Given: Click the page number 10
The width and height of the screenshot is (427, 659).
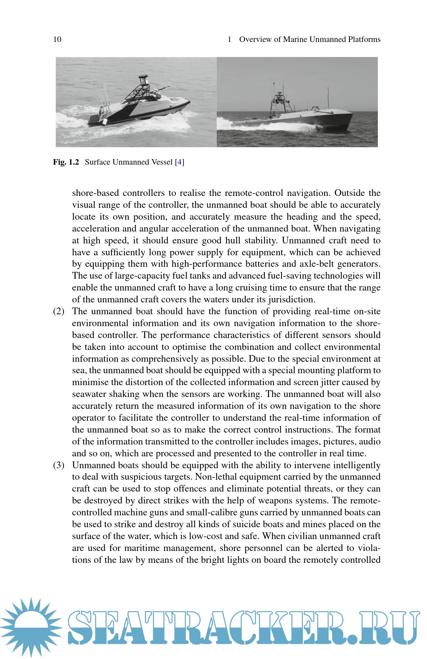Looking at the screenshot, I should [57, 39].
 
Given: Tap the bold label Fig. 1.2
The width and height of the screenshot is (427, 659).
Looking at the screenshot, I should [66, 162].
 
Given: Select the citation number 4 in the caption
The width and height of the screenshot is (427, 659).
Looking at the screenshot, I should [180, 162].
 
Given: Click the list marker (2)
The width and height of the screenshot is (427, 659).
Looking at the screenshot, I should [59, 311].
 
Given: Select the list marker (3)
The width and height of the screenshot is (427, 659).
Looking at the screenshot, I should [59, 465].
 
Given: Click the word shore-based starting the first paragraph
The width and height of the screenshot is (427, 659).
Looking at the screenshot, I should [95, 193].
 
